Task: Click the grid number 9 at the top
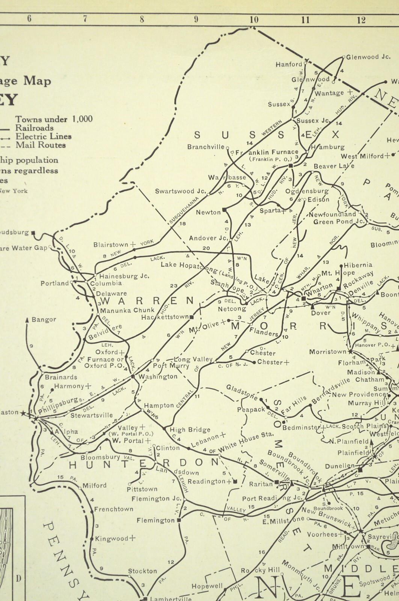[x=196, y=19]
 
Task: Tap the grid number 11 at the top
[x=306, y=20]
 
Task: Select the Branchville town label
[x=206, y=147]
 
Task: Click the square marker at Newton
[x=224, y=209]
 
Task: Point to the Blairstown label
[x=111, y=245]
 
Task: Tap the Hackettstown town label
[x=165, y=317]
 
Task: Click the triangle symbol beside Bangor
[x=27, y=320]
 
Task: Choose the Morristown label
[x=328, y=352]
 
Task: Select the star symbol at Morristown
[x=350, y=352]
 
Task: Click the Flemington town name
[x=155, y=521]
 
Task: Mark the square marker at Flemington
[x=179, y=520]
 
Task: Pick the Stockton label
[x=142, y=571]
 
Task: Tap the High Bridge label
[x=190, y=430]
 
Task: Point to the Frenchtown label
[x=113, y=509]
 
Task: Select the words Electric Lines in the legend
[x=43, y=136]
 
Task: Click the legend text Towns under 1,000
[x=54, y=119]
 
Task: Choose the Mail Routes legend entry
[x=41, y=145]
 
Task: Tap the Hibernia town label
[x=358, y=265]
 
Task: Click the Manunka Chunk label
[x=127, y=310]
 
